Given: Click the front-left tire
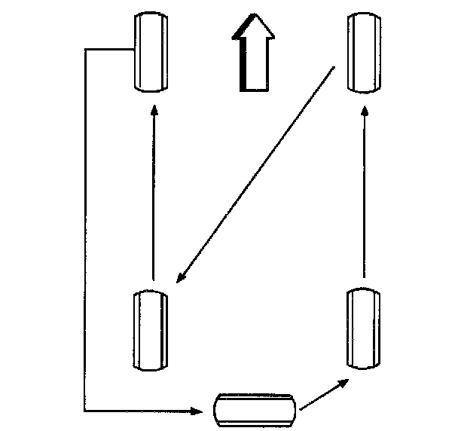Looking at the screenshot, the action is point(148,51).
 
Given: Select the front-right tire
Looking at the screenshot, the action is point(364,51).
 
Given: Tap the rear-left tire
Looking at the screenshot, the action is point(148,330).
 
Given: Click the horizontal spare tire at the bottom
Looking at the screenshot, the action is point(256,410).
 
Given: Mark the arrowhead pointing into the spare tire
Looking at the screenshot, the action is point(199,411).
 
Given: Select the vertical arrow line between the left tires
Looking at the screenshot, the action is point(154,196).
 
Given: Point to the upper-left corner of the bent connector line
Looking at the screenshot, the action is point(85,50).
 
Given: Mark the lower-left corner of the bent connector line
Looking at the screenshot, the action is point(85,411).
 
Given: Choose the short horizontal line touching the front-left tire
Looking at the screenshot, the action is point(109,50).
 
